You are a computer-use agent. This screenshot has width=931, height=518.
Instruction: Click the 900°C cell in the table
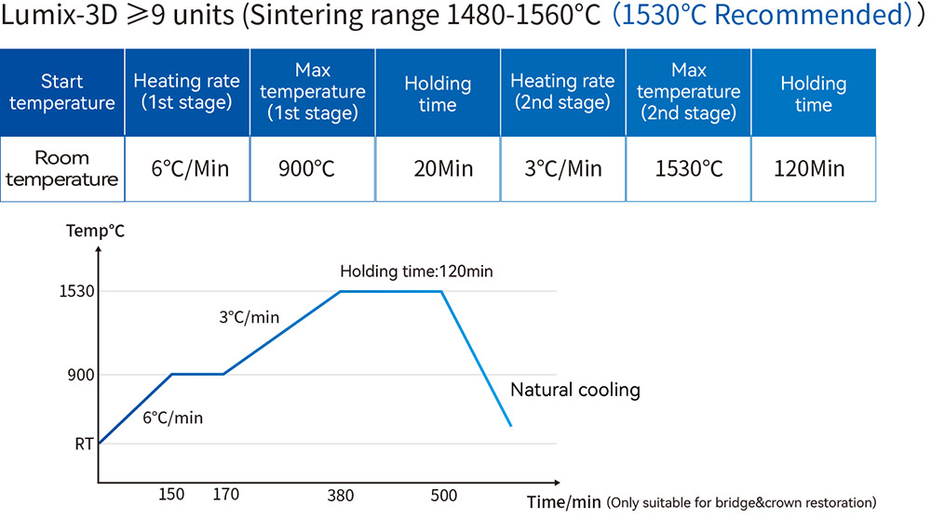[x=312, y=169]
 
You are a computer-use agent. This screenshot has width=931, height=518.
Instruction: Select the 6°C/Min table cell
[x=187, y=169]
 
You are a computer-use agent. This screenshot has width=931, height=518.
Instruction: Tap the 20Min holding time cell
[x=438, y=169]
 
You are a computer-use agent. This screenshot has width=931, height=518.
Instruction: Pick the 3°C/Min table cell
[x=563, y=169]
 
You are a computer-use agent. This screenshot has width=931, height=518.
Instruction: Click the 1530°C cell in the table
[x=688, y=169]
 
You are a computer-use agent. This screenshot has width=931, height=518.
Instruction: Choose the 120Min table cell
[x=814, y=169]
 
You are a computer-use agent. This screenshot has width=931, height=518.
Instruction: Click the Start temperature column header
[x=61, y=93]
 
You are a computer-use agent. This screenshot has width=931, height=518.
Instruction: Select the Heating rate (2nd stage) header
[x=563, y=93]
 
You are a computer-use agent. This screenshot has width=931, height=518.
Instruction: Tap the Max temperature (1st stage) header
[x=312, y=93]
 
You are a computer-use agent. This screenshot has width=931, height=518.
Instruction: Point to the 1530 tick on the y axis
[x=76, y=291]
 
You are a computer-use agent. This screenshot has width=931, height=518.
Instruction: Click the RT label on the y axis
[x=85, y=444]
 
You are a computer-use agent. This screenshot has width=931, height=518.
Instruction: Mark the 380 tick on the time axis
[x=340, y=496]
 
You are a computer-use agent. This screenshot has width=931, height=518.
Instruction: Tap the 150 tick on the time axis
[x=171, y=494]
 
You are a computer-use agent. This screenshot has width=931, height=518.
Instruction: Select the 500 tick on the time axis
[x=443, y=496]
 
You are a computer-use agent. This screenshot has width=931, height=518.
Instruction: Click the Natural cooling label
[x=575, y=390]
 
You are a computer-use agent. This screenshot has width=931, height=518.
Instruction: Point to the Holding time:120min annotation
[x=416, y=272]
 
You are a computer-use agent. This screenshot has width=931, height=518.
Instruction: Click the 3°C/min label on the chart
[x=249, y=317]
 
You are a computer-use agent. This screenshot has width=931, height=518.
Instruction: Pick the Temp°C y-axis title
[x=95, y=231]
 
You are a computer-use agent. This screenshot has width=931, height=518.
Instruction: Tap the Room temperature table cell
[x=61, y=169]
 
